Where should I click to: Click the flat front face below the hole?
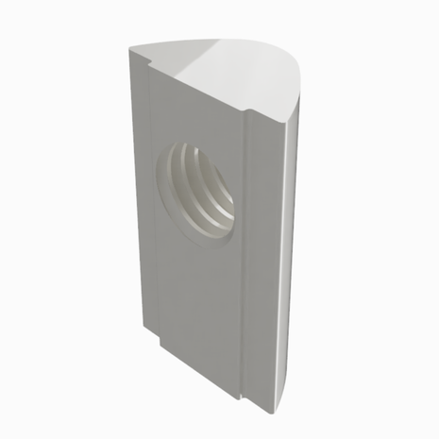[x=198, y=302]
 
